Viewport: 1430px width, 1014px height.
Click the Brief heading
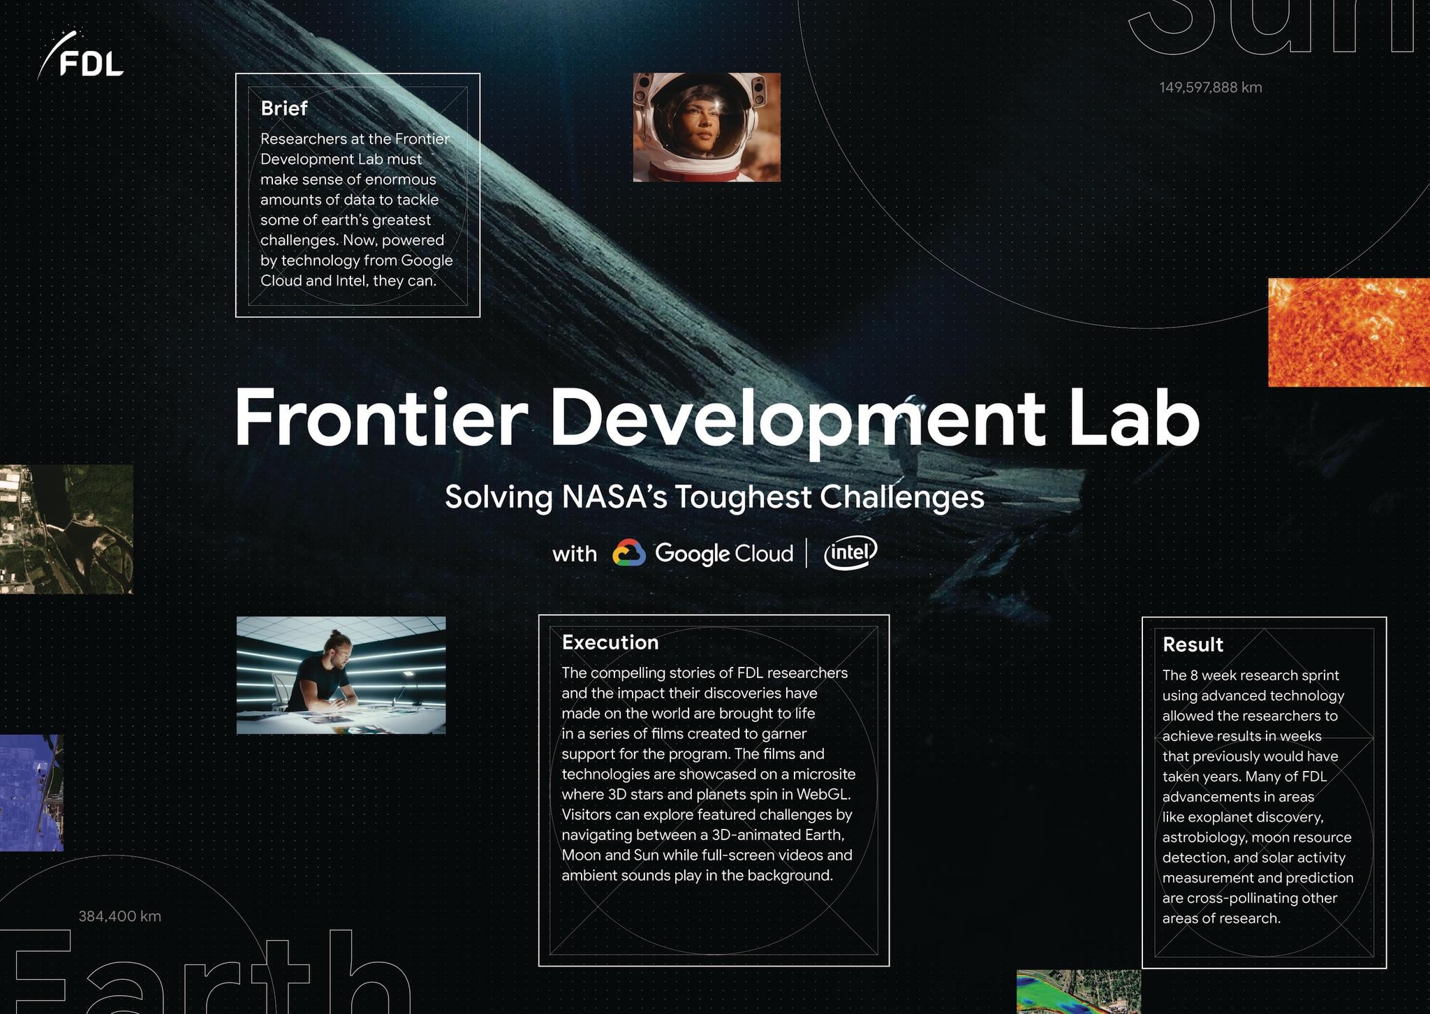point(283,108)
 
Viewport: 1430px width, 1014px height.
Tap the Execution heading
point(610,642)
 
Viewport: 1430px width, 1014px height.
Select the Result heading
point(1192,645)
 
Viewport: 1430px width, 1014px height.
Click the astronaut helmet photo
point(706,127)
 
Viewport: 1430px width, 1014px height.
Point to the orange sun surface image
point(1348,332)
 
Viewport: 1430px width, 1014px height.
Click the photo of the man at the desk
point(341,675)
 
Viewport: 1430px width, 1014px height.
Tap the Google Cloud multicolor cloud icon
point(628,553)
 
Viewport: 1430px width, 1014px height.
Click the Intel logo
point(850,552)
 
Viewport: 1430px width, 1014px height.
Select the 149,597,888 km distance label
point(1210,87)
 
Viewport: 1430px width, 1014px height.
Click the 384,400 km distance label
point(119,916)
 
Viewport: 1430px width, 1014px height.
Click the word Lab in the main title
point(1132,418)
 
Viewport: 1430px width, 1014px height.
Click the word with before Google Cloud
point(574,554)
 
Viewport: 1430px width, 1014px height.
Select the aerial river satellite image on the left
point(66,529)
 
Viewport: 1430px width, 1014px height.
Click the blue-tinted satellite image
point(31,793)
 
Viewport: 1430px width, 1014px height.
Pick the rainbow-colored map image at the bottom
point(1077,992)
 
